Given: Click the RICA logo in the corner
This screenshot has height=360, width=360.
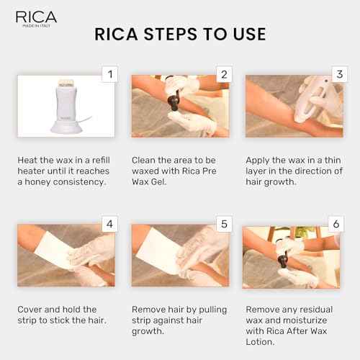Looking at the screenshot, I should pyautogui.click(x=32, y=17).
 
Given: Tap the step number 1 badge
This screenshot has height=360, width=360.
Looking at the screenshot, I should pyautogui.click(x=109, y=74).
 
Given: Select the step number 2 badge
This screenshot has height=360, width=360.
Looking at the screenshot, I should pyautogui.click(x=223, y=74).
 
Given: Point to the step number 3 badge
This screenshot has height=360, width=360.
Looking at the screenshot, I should pyautogui.click(x=337, y=74).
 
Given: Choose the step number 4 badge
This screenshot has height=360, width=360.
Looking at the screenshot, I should pyautogui.click(x=109, y=224).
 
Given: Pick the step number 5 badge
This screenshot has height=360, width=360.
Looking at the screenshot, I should pyautogui.click(x=223, y=224).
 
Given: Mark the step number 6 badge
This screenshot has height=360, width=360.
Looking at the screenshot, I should pyautogui.click(x=337, y=224).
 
